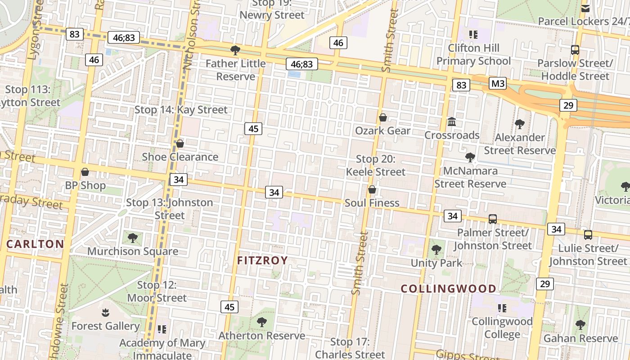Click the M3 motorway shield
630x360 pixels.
(498, 83)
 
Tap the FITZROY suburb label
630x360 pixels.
(262, 260)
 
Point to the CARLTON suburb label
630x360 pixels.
(35, 244)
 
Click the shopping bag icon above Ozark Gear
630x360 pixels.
(383, 117)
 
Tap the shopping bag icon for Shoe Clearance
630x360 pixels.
(180, 144)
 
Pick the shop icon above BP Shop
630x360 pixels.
(85, 172)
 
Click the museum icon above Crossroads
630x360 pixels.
(452, 121)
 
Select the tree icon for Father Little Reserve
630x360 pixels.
(235, 49)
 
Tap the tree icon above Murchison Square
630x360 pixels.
(132, 237)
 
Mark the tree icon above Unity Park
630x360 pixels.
(436, 249)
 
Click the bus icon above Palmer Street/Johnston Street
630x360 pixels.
(493, 219)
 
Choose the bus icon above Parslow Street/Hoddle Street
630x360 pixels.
(575, 50)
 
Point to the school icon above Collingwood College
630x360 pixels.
(502, 308)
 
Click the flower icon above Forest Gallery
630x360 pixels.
(105, 312)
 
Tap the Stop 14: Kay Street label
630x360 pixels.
(181, 109)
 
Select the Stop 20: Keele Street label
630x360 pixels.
(376, 165)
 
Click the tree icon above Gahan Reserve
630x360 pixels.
(580, 324)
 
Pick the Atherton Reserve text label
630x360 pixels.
(261, 336)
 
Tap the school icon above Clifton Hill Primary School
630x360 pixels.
(473, 34)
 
